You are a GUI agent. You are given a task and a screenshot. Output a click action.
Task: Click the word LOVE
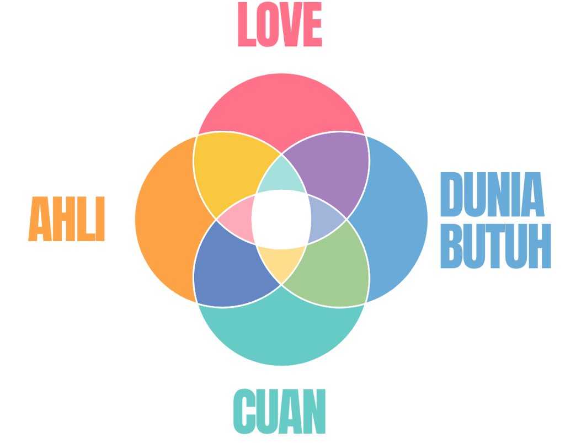[280, 25]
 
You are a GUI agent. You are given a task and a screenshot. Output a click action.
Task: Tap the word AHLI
[66, 219]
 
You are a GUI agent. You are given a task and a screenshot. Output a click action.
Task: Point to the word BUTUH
[495, 246]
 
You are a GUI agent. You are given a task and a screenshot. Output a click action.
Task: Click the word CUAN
[279, 411]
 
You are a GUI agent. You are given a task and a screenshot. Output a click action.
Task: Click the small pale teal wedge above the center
[281, 175]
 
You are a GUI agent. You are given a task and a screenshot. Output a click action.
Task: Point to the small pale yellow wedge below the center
[281, 262]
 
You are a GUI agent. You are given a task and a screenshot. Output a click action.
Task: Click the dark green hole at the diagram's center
[281, 219]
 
